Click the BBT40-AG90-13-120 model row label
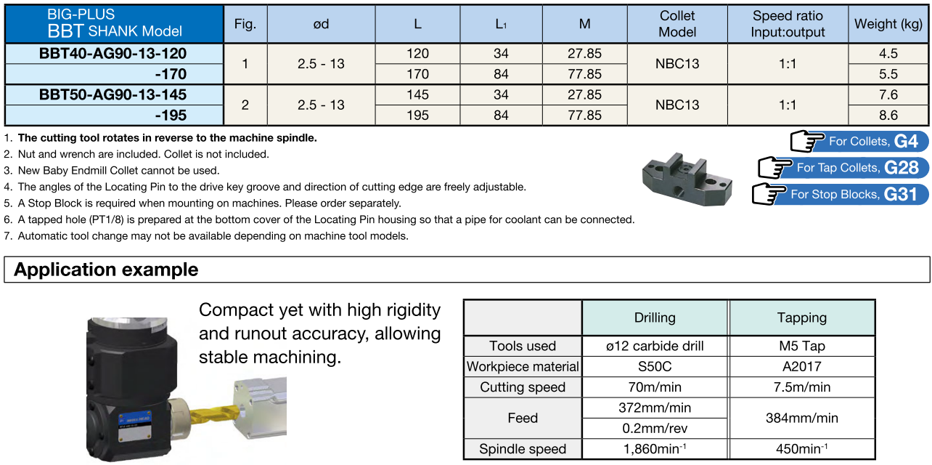click(x=113, y=53)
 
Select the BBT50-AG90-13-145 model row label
click(x=113, y=94)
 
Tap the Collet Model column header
click(x=677, y=24)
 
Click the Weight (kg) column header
click(x=888, y=24)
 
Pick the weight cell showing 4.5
click(x=888, y=53)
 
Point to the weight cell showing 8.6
click(x=888, y=115)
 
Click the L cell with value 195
click(x=417, y=115)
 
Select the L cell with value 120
click(x=417, y=53)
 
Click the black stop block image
click(x=684, y=177)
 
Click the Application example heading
click(x=106, y=270)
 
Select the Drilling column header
click(x=655, y=318)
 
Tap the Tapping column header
click(x=801, y=318)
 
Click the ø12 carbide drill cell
click(x=655, y=346)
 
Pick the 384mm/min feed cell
click(x=801, y=418)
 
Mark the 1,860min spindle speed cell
click(x=655, y=449)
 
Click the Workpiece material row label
click(x=523, y=366)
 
